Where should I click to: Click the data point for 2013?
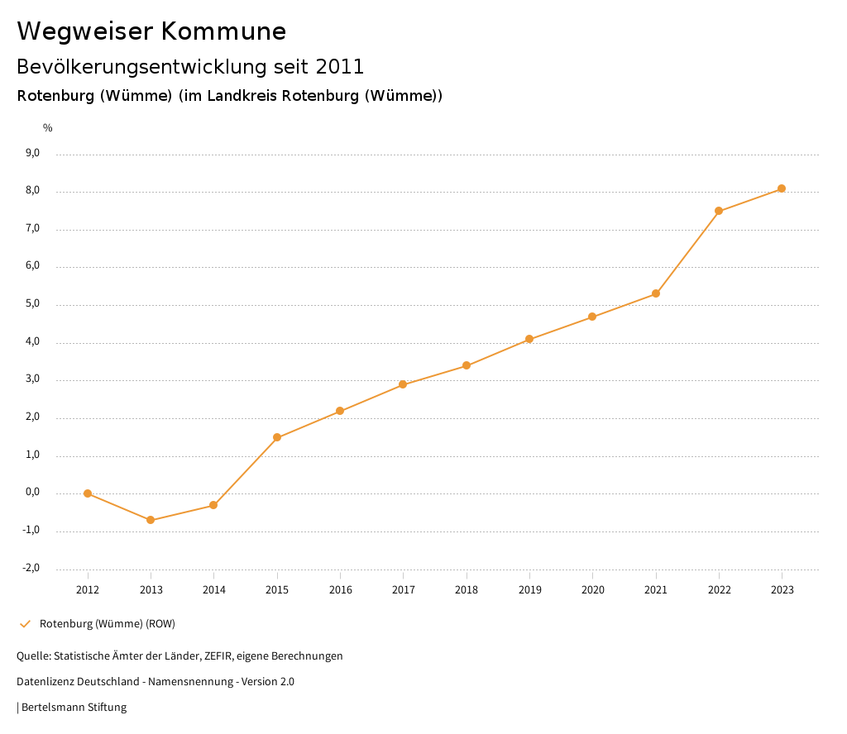(151, 520)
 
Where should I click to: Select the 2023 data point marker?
(782, 188)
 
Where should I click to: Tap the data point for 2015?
(277, 437)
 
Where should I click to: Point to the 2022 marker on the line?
(719, 211)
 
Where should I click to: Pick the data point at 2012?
(88, 493)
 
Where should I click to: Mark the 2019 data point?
(529, 339)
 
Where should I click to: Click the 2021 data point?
(656, 293)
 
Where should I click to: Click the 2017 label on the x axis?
(403, 589)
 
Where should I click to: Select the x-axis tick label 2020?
(592, 589)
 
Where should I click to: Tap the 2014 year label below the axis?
(213, 589)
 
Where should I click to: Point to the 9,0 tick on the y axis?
(32, 153)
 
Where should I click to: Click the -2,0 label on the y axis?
(31, 568)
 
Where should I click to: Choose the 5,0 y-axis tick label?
(32, 304)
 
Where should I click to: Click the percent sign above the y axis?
(48, 128)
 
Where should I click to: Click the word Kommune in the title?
(223, 31)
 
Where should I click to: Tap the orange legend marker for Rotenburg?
(25, 623)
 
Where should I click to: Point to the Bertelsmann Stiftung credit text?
(74, 708)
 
